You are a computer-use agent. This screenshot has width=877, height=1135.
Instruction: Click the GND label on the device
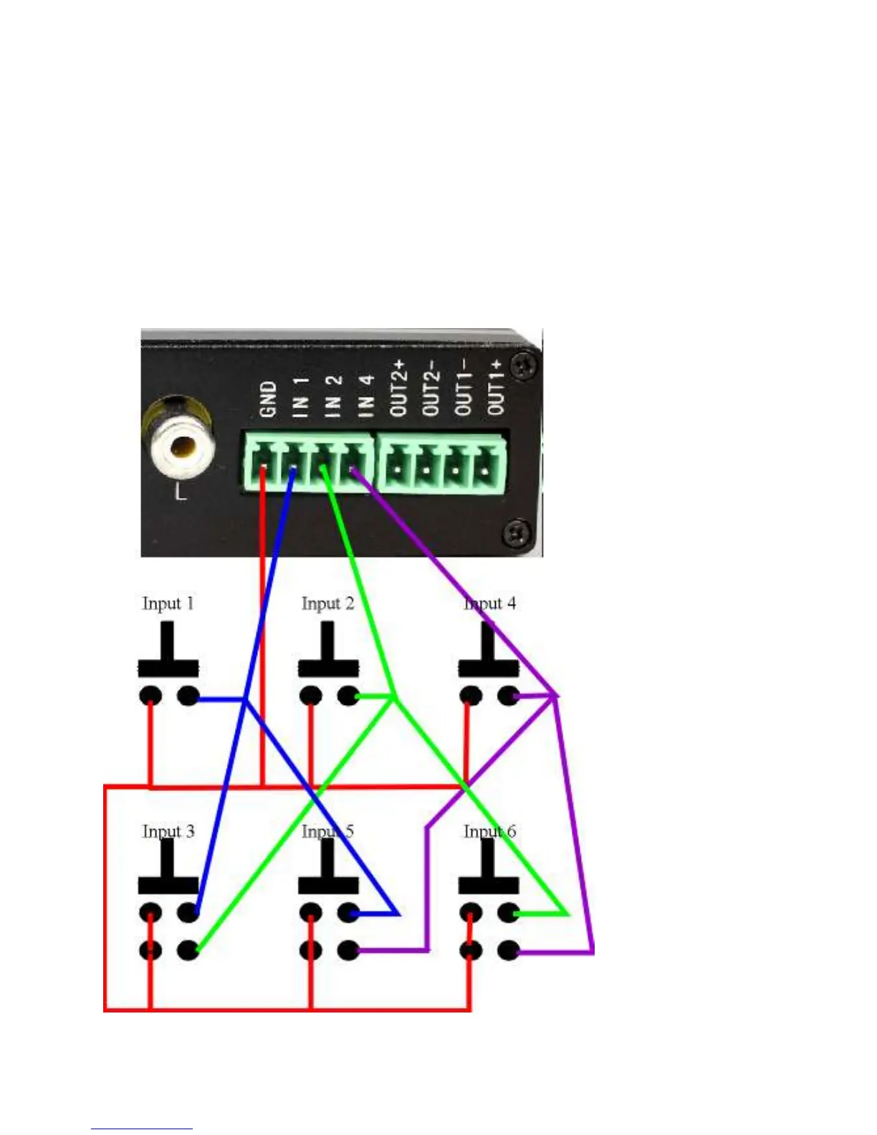(268, 399)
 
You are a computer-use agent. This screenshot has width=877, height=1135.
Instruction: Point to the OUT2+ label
(399, 388)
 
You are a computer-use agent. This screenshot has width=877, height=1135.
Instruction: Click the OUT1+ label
(496, 388)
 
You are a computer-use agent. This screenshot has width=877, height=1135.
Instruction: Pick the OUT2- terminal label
(431, 388)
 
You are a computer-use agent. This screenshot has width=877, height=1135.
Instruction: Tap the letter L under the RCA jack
(181, 492)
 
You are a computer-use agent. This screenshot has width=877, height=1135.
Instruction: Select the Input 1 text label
(168, 603)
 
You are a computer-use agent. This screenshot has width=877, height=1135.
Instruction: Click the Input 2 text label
(327, 603)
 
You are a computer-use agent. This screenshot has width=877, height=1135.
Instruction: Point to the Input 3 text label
(168, 831)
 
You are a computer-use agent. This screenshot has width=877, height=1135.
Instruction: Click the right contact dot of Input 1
(188, 696)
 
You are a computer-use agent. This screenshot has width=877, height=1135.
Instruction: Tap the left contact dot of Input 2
(310, 696)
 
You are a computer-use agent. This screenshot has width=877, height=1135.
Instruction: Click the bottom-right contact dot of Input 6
(508, 951)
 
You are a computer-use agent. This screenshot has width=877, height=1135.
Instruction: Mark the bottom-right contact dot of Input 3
(188, 951)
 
